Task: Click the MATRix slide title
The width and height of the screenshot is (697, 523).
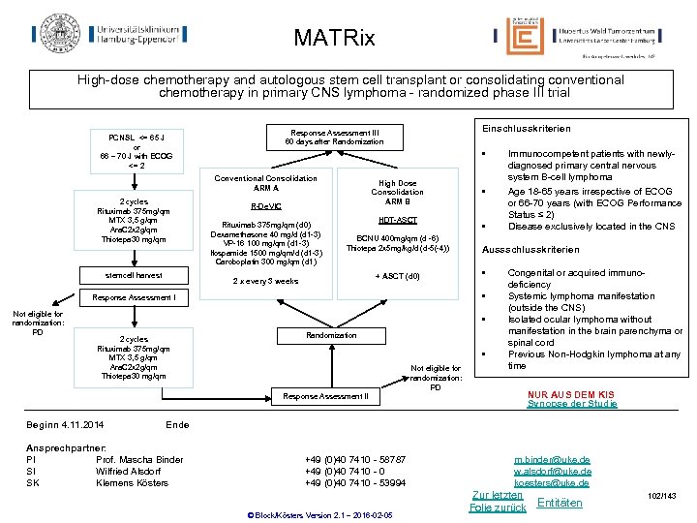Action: [334, 39]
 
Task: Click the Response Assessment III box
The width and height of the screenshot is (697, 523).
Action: [332, 137]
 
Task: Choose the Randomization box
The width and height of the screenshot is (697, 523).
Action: [332, 335]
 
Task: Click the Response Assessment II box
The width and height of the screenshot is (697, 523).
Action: [325, 396]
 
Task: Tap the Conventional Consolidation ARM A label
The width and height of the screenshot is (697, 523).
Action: [265, 183]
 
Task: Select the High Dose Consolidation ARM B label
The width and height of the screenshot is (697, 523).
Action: [397, 192]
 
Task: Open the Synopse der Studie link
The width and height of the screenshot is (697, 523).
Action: [571, 404]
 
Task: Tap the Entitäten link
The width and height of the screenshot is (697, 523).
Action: [560, 503]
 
